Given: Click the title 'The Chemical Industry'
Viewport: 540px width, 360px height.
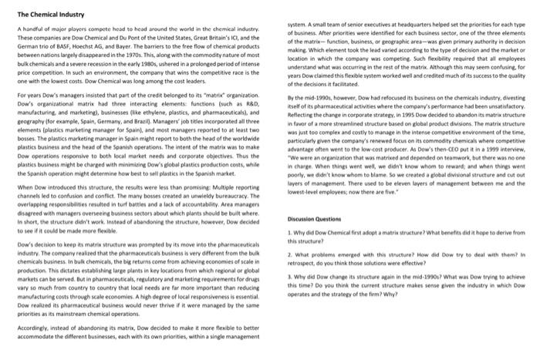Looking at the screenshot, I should (48, 14).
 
